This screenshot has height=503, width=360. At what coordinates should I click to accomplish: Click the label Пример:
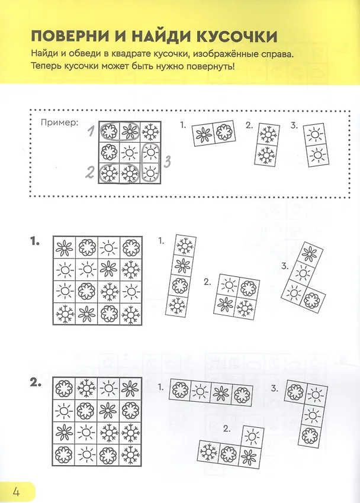(x=60, y=123)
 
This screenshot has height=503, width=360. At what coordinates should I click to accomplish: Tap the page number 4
(x=16, y=491)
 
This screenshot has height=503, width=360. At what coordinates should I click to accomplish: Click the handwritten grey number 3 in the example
(x=167, y=162)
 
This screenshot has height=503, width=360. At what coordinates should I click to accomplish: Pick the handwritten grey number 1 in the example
(x=91, y=131)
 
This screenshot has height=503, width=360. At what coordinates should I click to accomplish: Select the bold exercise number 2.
(x=36, y=383)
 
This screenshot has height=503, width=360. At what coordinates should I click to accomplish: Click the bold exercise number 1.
(x=35, y=241)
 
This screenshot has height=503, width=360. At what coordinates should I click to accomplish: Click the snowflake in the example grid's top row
(x=150, y=131)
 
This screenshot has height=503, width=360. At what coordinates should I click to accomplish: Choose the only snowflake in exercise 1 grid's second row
(x=131, y=270)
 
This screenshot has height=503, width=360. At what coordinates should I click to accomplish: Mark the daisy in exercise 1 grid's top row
(x=64, y=247)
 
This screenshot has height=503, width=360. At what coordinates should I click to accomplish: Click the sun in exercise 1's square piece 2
(x=229, y=285)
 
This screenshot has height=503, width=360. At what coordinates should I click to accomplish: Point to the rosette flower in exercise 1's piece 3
(x=311, y=299)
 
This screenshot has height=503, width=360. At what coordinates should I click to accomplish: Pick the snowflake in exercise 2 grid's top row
(x=86, y=388)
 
